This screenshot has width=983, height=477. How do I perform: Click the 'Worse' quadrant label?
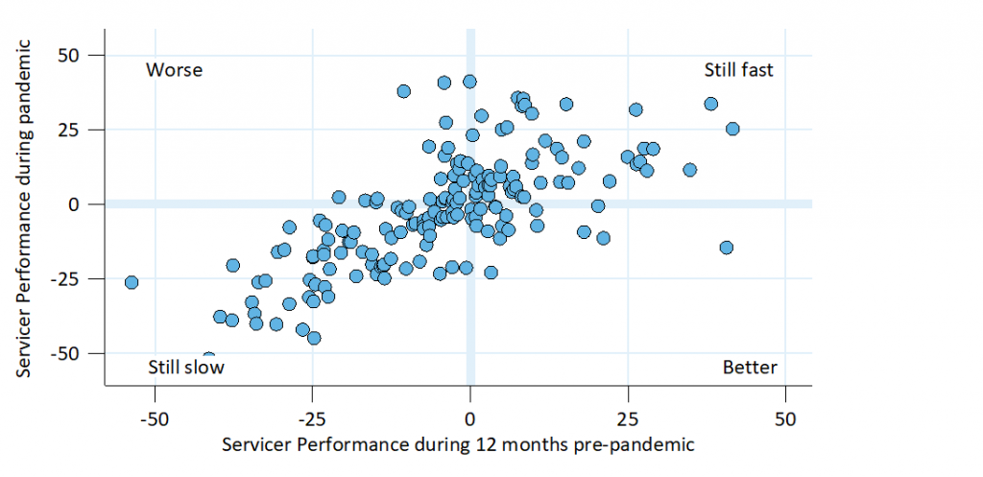(174, 70)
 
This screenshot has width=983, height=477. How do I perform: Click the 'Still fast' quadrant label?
(738, 70)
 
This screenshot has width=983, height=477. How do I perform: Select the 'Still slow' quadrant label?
(185, 368)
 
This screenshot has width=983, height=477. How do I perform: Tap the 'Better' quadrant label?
(750, 368)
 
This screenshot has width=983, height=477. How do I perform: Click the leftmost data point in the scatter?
(132, 282)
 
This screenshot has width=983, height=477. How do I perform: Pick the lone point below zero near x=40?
(727, 248)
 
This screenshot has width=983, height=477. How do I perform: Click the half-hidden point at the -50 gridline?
(208, 357)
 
